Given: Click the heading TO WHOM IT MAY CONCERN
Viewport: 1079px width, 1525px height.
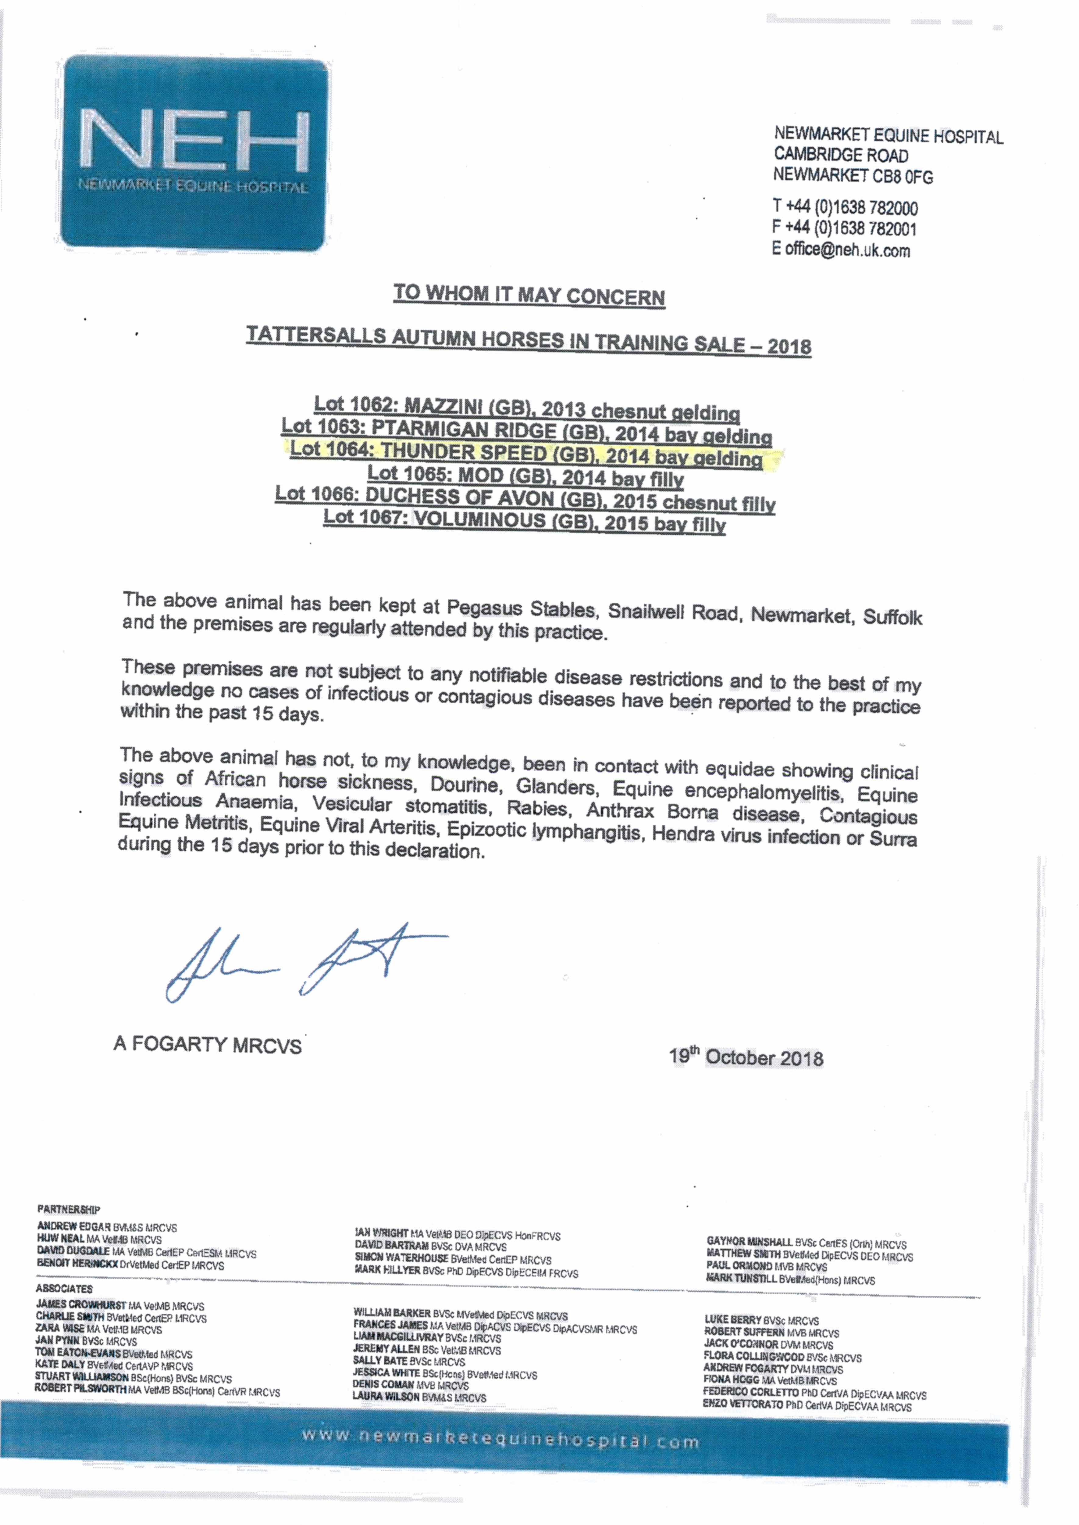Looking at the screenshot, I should pos(529,295).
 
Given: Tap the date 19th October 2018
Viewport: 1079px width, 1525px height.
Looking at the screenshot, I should pos(746,1057).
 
